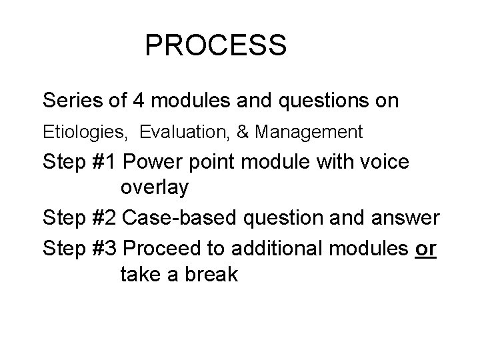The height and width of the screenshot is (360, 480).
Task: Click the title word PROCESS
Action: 215,46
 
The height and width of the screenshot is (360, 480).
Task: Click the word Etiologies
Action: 83,133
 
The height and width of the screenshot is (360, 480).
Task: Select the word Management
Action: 307,133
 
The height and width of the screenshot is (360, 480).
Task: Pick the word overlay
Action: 155,188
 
